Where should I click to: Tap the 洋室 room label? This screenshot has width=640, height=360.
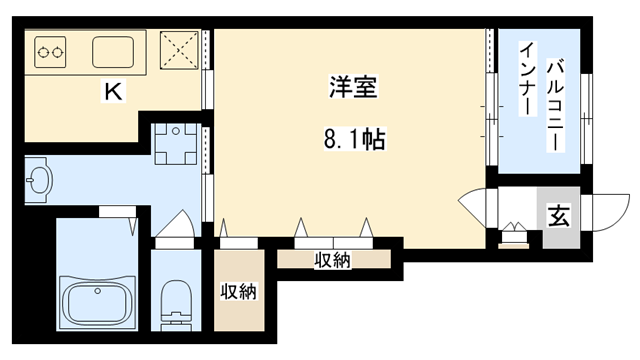(x=351, y=88)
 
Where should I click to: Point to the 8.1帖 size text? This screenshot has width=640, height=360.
(x=351, y=140)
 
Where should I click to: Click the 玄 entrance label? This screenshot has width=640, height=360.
(x=558, y=214)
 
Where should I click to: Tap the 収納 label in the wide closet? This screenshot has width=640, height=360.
(x=333, y=261)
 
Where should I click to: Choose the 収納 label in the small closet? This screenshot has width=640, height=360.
(x=239, y=292)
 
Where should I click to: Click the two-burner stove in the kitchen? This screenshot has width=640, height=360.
(x=51, y=49)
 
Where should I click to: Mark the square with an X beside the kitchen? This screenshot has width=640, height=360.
(x=181, y=49)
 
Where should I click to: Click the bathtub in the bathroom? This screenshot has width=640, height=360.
(x=98, y=301)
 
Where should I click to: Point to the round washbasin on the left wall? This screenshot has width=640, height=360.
(x=39, y=180)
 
